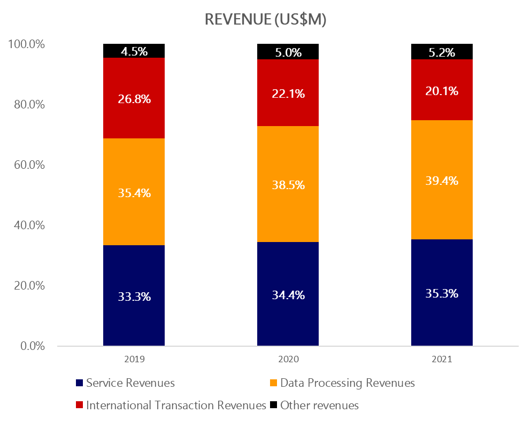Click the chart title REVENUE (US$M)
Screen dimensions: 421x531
click(x=266, y=20)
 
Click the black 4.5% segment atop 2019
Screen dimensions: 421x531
click(x=134, y=51)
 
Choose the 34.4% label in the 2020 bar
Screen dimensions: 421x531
click(x=288, y=294)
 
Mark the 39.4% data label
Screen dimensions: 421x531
click(x=442, y=181)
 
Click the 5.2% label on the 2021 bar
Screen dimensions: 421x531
click(x=442, y=52)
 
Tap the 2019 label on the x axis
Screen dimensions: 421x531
click(x=134, y=359)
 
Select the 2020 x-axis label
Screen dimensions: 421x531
click(x=288, y=359)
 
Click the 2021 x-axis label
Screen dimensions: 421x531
click(x=442, y=359)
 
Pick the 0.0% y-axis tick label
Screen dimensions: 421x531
click(x=32, y=346)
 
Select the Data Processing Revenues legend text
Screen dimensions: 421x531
click(x=347, y=383)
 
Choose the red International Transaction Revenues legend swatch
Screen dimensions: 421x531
click(x=79, y=406)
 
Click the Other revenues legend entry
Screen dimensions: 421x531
click(x=319, y=406)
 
